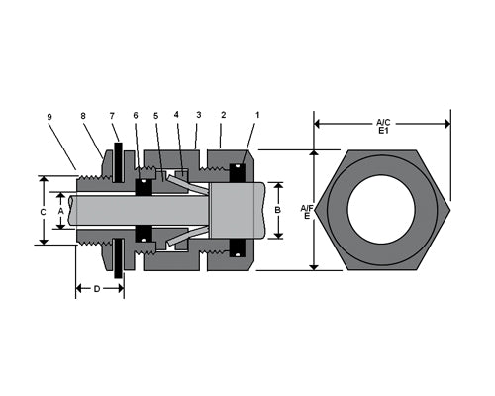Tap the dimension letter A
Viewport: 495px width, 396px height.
[x=60, y=210]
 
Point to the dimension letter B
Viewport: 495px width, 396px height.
[x=278, y=210]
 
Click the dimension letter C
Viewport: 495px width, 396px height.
[x=43, y=211]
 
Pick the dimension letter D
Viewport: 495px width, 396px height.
[x=96, y=289]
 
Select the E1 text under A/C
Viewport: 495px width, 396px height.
[x=383, y=132]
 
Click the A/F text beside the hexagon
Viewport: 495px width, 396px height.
[x=306, y=206]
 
